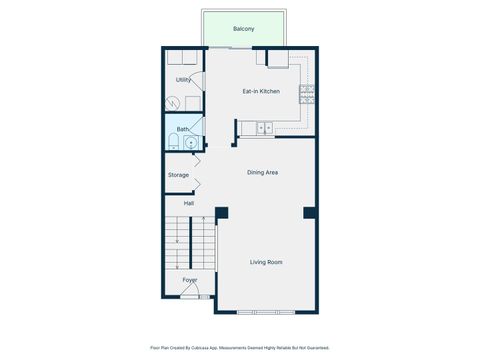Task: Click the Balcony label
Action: (243, 29)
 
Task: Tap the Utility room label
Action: (183, 80)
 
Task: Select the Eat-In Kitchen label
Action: (261, 91)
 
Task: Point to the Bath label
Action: (183, 129)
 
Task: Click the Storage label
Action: (178, 175)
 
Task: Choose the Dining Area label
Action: (263, 172)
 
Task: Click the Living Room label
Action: (266, 262)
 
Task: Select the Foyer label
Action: (189, 280)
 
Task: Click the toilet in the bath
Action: (173, 143)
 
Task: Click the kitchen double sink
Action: (264, 128)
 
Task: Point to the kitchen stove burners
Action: (307, 94)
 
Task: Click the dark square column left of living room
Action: (221, 212)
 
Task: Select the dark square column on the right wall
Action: (309, 212)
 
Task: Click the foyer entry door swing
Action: (198, 291)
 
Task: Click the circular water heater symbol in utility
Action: (172, 102)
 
